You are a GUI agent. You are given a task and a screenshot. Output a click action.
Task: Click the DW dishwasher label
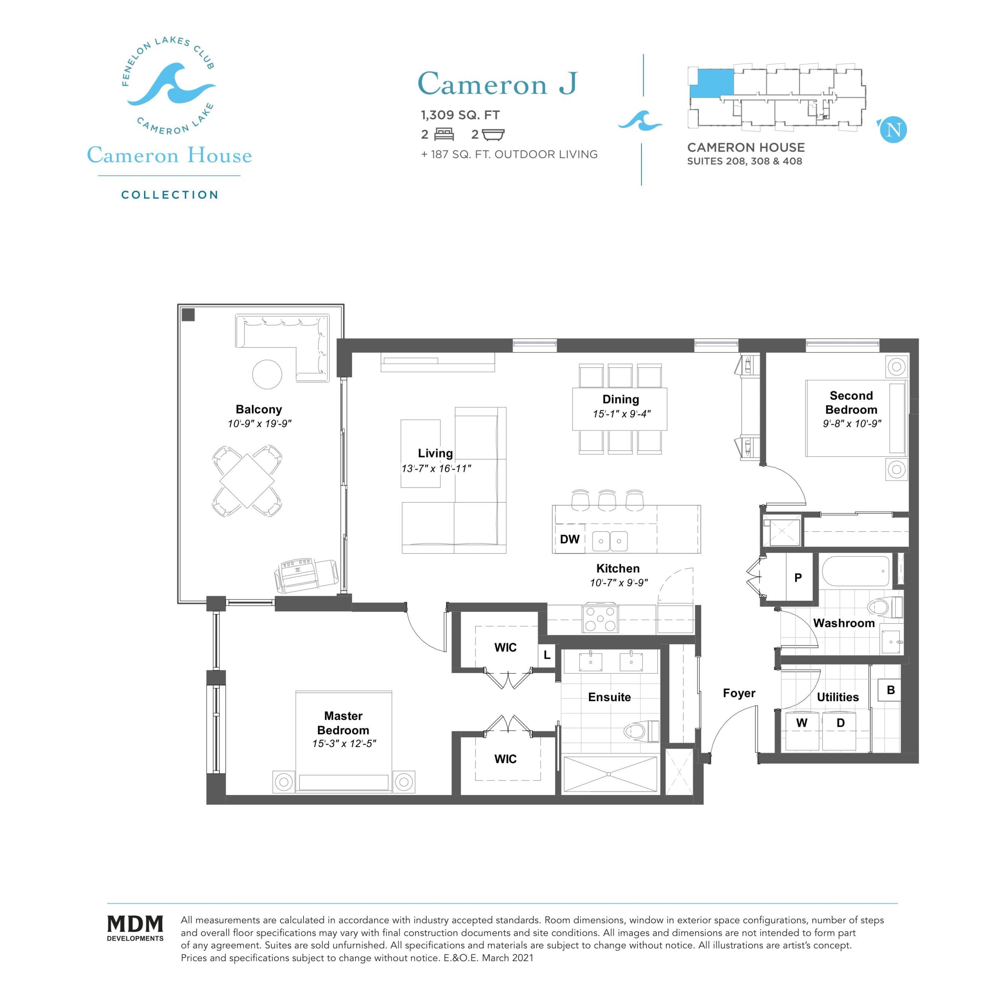click(569, 539)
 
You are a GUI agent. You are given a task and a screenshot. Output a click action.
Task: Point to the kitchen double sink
click(610, 541)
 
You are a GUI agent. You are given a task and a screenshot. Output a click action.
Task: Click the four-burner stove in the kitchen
click(601, 619)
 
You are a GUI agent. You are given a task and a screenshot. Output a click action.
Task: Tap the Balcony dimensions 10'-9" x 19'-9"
click(259, 424)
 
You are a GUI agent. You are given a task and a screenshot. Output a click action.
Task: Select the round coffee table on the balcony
click(267, 374)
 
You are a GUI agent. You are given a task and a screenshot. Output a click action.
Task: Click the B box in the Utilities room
click(890, 690)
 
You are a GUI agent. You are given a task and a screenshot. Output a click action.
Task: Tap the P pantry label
click(798, 577)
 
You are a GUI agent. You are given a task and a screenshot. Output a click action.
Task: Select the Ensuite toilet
click(641, 731)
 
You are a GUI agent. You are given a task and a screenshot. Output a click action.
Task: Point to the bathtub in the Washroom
click(856, 571)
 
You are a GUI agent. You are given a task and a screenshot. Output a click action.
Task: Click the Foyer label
click(739, 693)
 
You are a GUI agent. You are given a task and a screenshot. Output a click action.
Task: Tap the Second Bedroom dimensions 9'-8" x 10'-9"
click(852, 424)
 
